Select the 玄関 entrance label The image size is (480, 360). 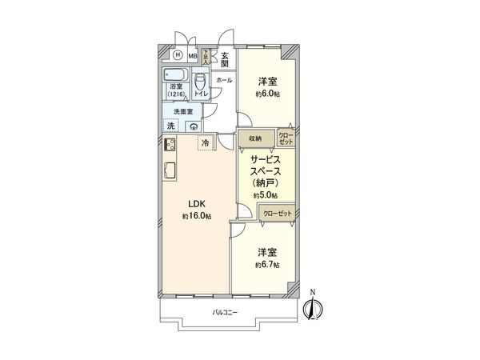coord(226,59)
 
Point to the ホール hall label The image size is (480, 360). coord(225,80)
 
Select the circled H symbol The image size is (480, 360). coord(177,56)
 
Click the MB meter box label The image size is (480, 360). coord(192,56)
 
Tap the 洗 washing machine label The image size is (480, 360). coord(170,126)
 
